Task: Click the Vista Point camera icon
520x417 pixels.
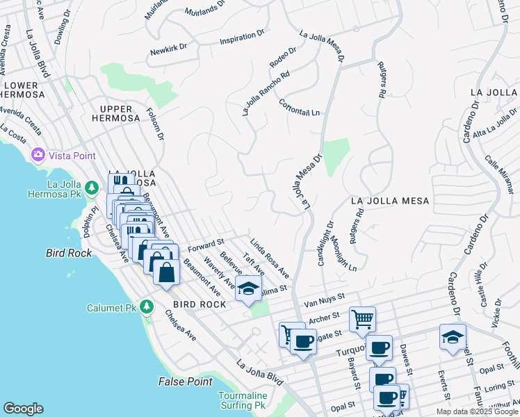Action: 38,154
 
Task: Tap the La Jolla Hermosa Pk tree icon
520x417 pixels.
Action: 91,188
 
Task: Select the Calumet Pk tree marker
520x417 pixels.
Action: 146,306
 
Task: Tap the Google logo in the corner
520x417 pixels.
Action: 23,409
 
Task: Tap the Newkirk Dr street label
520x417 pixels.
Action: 168,50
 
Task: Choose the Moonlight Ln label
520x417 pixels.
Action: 344,254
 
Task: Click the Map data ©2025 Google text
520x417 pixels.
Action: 478,411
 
